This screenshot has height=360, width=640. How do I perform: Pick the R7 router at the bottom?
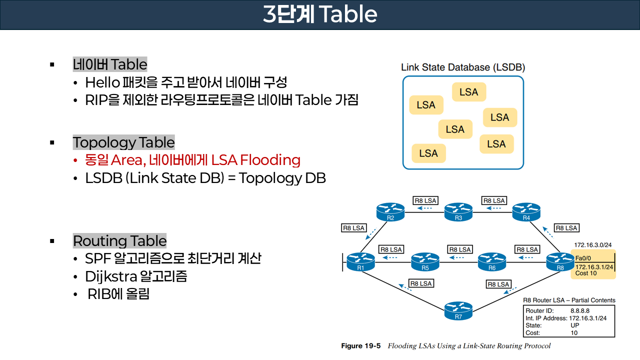pos(458,310)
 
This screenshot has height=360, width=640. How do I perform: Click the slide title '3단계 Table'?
pos(320,14)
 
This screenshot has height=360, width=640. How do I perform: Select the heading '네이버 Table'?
pos(110,64)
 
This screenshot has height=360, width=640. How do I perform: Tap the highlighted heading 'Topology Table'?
pos(124,142)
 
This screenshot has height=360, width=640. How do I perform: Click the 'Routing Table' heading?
pos(119,240)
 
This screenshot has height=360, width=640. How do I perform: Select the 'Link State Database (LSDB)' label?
pos(463,67)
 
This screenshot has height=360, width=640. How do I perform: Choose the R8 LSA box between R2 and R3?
pos(425,200)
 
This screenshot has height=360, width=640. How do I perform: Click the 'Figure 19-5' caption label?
pos(360,346)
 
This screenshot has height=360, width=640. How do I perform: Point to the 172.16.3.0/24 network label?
pos(593,245)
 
